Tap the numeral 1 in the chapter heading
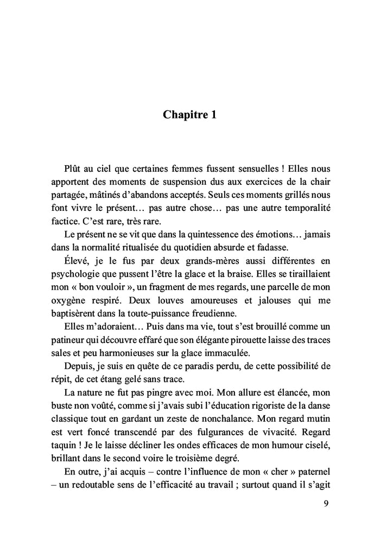(213, 115)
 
